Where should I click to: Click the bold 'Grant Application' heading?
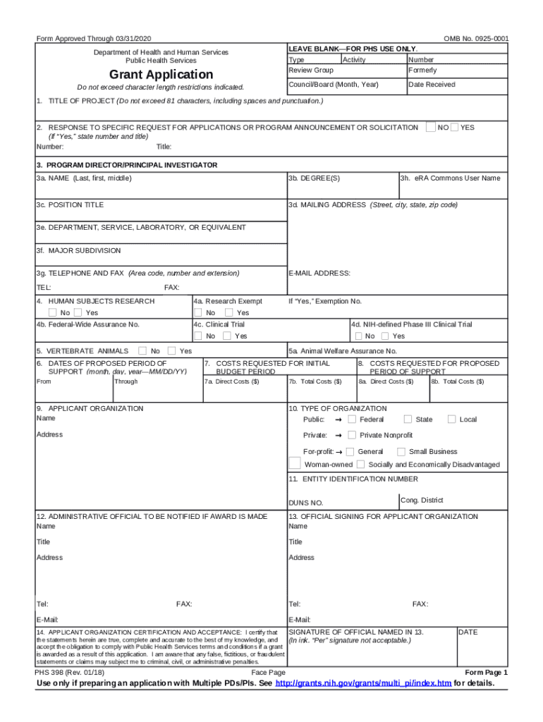point(161,75)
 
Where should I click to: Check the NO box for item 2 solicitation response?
point(430,128)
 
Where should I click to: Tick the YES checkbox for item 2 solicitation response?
point(454,128)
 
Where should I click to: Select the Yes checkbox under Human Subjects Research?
point(78,312)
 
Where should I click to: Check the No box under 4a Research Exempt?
point(199,312)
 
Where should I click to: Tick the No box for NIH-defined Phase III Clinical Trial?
point(358,336)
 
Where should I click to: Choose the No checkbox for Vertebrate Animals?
point(142,350)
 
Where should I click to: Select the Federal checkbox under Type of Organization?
point(352,420)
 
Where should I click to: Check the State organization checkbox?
point(408,420)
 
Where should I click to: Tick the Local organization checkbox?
point(451,420)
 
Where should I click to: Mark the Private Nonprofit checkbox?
point(352,435)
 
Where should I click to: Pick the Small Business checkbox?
point(401,451)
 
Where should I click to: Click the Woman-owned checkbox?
point(295,464)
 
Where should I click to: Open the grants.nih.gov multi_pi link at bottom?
point(362,684)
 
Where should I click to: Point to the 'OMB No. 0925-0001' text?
point(476,38)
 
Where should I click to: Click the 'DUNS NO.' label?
point(305,503)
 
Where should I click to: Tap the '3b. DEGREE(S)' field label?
point(314,178)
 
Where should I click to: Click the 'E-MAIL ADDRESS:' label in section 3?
point(319,273)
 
